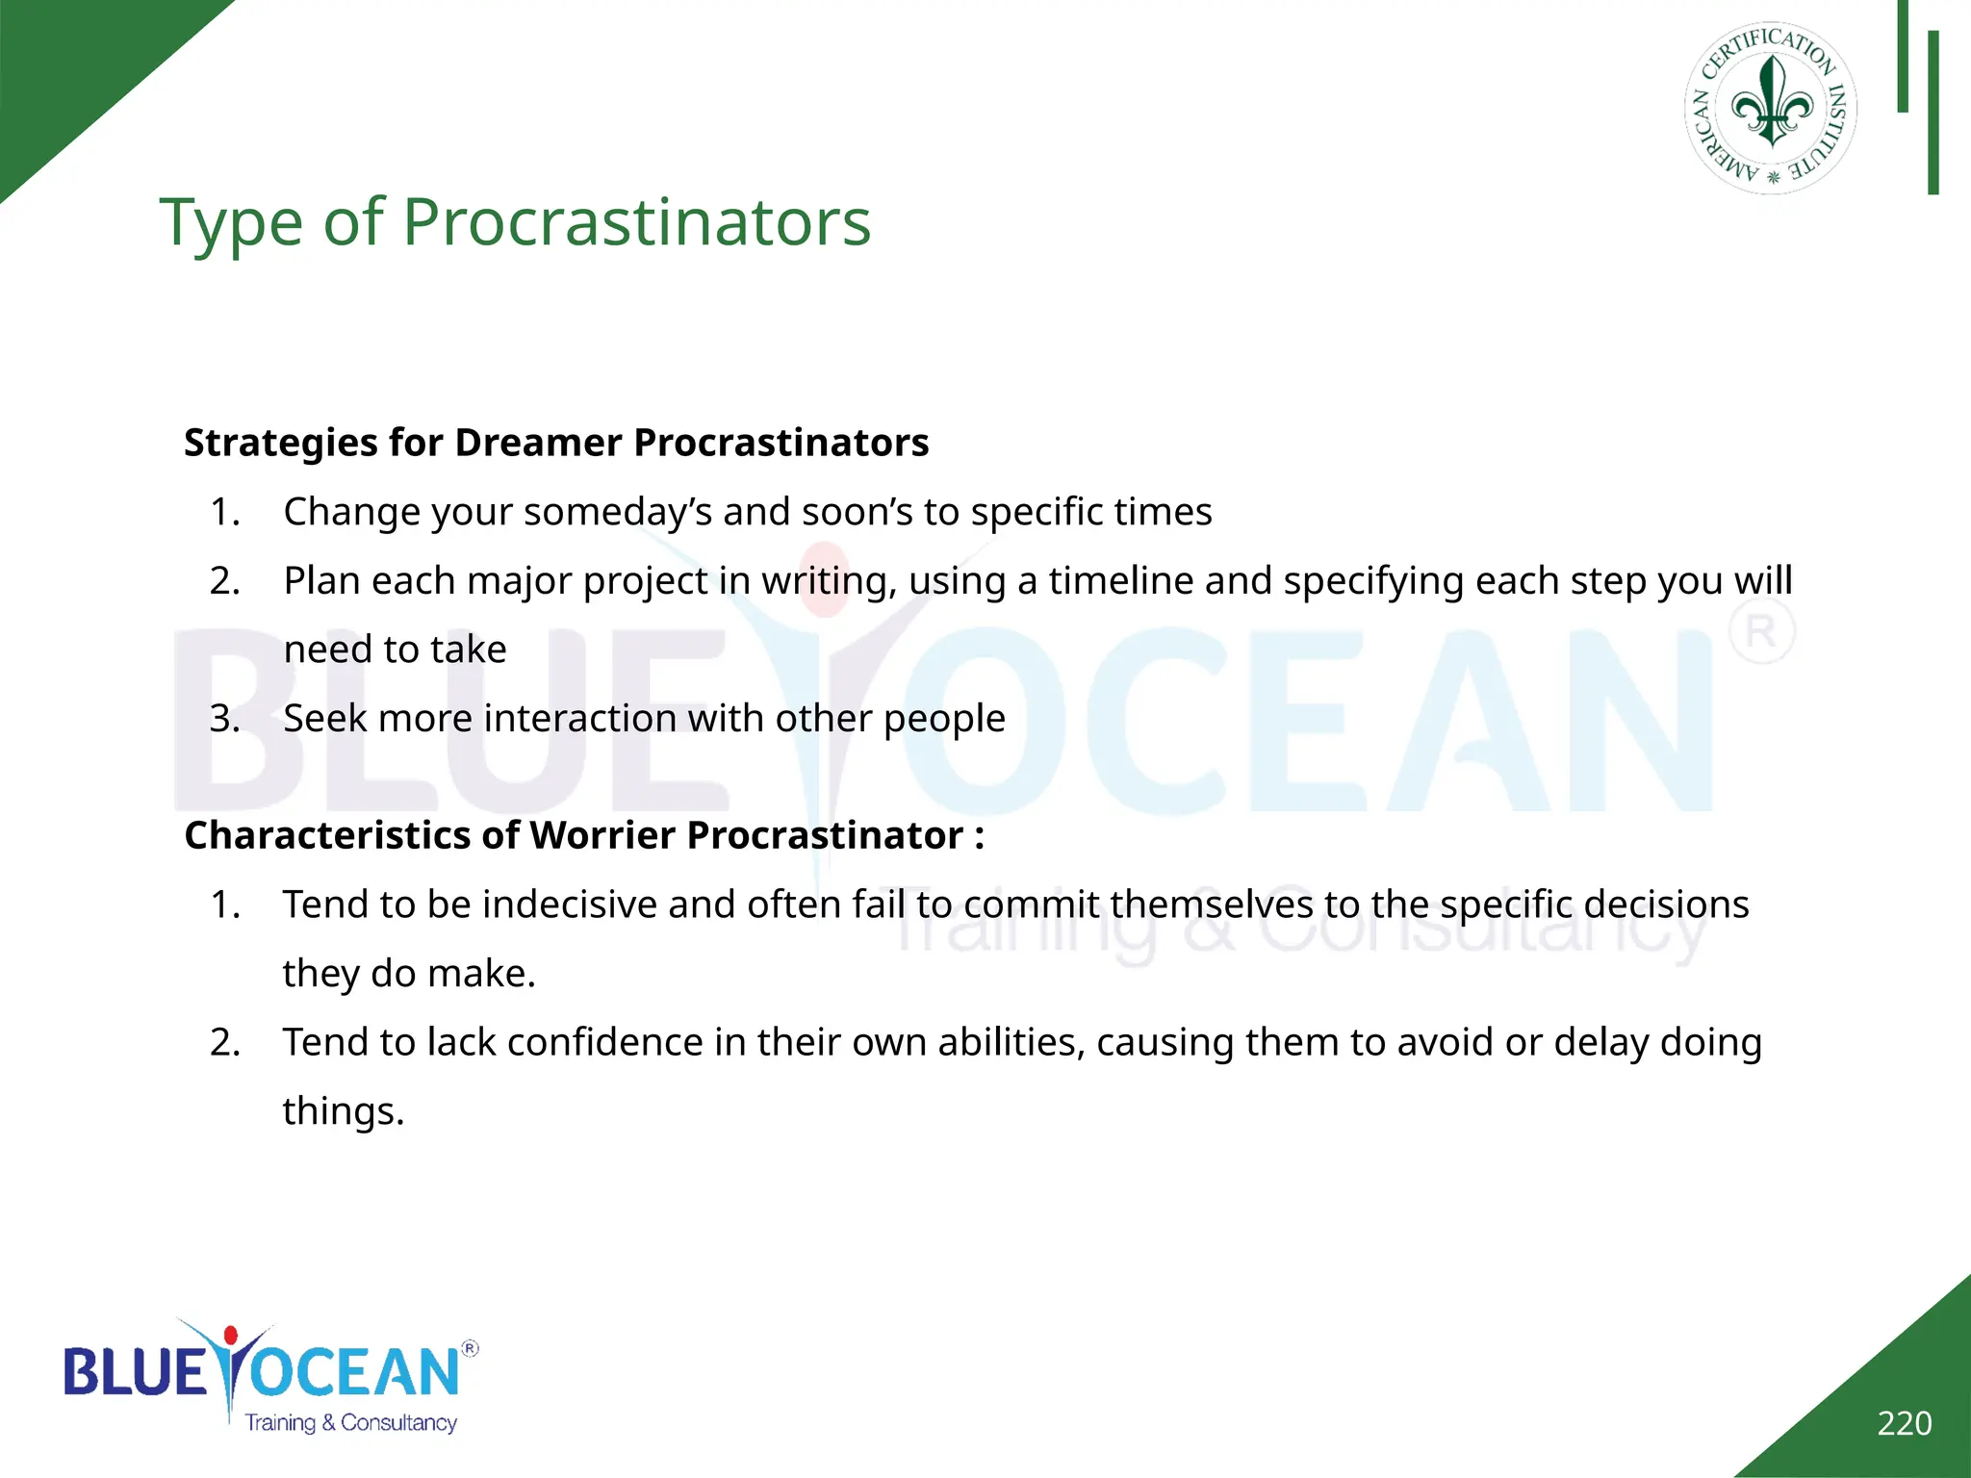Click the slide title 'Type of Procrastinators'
tap(515, 223)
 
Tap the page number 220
tap(1904, 1423)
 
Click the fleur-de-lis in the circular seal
tap(1772, 104)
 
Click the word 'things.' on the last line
tap(343, 1111)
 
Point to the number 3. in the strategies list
tap(225, 719)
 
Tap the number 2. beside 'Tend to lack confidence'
tap(225, 1042)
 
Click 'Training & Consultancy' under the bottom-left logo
tap(350, 1422)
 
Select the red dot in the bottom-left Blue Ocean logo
tap(230, 1335)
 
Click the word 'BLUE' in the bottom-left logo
tap(135, 1372)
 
